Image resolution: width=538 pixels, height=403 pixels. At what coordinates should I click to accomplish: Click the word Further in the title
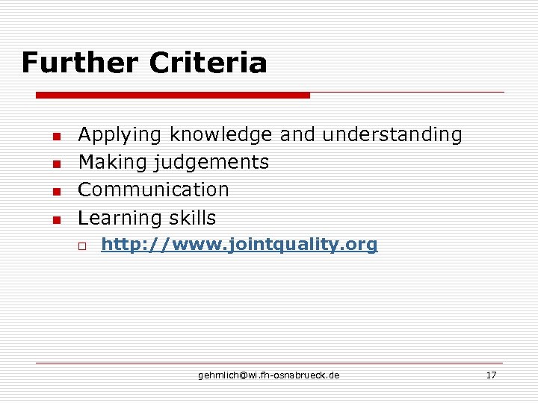tap(80, 63)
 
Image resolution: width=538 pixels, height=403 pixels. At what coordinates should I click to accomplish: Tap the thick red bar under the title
tap(173, 96)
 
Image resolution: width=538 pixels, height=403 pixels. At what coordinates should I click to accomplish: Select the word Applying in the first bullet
tap(120, 135)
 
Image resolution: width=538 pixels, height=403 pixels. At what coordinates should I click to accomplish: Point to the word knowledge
tap(220, 135)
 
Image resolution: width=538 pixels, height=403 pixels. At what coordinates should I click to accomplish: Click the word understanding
tap(392, 135)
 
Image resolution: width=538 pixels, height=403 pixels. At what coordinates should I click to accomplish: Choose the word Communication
tap(153, 190)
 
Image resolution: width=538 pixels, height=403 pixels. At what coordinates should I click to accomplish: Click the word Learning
tap(120, 218)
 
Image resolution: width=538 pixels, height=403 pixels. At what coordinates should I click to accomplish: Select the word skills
tap(191, 218)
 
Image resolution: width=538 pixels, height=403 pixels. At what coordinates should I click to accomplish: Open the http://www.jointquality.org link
tap(239, 245)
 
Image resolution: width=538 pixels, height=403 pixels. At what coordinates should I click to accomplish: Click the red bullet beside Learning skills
tap(55, 220)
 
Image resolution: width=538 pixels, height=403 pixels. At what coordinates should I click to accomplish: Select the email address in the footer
tap(268, 375)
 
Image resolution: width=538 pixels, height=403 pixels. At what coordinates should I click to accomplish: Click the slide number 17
tap(491, 375)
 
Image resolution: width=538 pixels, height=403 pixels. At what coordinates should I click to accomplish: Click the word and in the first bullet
tap(297, 135)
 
